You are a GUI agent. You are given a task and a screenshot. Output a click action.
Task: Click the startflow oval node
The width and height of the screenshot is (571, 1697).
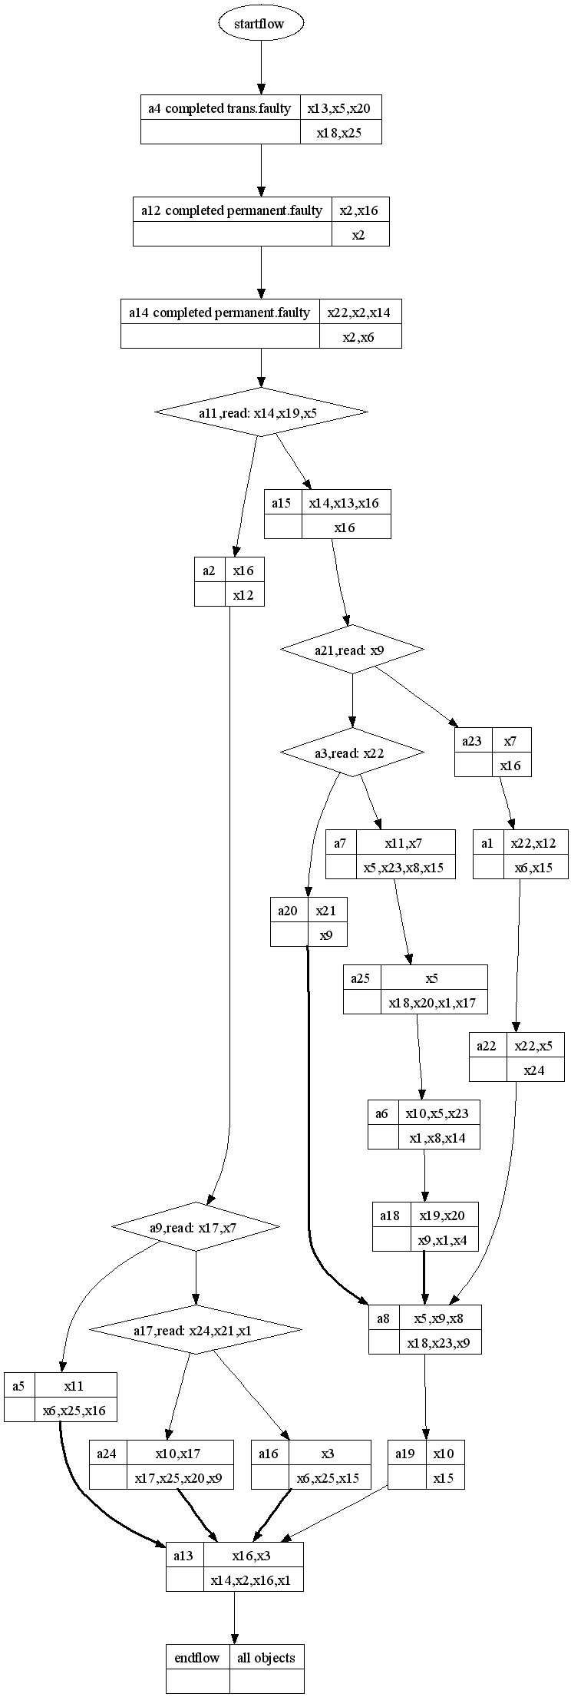point(261,24)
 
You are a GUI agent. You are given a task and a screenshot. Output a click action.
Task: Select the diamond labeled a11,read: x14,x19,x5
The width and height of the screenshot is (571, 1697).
point(261,412)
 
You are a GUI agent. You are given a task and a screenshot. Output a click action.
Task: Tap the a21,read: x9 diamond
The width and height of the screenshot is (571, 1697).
point(352,650)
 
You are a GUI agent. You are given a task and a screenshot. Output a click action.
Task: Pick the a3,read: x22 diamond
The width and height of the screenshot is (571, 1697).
point(352,753)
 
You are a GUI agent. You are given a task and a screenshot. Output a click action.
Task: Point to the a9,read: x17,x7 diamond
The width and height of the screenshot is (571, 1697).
point(196,1227)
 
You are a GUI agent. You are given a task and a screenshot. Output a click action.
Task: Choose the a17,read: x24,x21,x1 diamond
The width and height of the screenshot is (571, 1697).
point(196,1330)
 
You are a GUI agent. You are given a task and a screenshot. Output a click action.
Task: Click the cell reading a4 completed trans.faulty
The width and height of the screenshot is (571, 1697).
point(219,108)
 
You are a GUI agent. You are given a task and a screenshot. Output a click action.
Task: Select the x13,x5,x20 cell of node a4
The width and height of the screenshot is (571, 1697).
point(339,108)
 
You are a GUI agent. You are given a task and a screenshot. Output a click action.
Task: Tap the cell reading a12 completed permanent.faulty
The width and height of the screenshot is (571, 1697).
point(232,210)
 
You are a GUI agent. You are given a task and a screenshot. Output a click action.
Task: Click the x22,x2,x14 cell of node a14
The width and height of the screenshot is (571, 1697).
point(359,313)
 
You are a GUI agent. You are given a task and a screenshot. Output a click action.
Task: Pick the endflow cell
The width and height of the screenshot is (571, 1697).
point(197,1658)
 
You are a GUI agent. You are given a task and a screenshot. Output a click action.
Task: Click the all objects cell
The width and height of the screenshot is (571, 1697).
point(266,1658)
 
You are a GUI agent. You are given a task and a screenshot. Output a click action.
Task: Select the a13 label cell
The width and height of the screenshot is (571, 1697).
point(183,1556)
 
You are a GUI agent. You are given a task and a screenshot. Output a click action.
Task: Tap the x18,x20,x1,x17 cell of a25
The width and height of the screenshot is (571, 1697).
point(434,1002)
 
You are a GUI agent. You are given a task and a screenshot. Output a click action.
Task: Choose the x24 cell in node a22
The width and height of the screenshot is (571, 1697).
point(534,1070)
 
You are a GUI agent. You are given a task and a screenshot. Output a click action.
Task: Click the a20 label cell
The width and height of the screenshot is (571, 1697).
point(289,911)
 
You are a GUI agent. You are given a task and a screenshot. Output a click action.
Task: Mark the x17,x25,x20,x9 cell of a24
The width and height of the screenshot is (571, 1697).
point(179,1477)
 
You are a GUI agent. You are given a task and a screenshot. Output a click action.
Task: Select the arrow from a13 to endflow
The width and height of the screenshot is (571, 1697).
point(234,1616)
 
